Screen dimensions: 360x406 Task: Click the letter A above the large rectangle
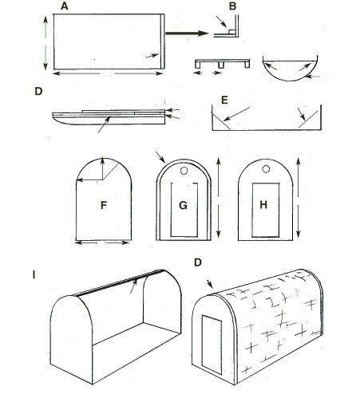[x=65, y=6]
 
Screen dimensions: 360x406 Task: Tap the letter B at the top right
[x=232, y=6]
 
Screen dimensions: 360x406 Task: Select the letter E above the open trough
[x=224, y=101]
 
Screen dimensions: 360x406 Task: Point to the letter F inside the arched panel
[x=104, y=205]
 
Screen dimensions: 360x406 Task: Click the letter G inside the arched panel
[x=183, y=205]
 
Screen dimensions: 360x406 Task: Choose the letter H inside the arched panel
[x=263, y=205]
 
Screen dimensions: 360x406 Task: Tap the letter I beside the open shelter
[x=34, y=274]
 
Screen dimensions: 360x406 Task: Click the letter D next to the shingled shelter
[x=198, y=262]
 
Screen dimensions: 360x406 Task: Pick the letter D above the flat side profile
[x=38, y=91]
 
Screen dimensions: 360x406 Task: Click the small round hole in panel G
[x=184, y=171]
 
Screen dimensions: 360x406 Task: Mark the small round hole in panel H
[x=266, y=169]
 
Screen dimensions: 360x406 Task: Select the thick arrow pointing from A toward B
[x=187, y=34]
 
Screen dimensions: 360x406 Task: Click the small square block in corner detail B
[x=231, y=32]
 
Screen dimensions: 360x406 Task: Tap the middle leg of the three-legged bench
[x=221, y=65]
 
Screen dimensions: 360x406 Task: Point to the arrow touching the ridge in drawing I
[x=134, y=286]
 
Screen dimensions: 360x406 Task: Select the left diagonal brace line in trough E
[x=220, y=120]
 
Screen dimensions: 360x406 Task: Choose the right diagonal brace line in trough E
[x=308, y=119]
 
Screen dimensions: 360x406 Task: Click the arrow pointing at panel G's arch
[x=160, y=157]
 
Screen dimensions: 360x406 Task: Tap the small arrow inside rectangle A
[x=152, y=56]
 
